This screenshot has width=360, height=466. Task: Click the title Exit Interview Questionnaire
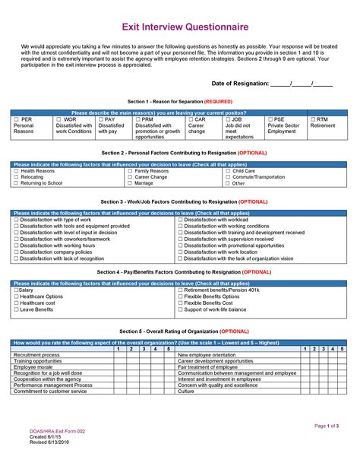pos(180,27)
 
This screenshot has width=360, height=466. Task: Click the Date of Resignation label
pos(240,84)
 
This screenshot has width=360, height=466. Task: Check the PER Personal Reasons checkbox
pos(17,119)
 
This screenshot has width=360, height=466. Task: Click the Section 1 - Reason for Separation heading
pos(179,101)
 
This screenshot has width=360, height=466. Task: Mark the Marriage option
pos(130,183)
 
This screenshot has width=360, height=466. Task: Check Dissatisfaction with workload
pos(180,220)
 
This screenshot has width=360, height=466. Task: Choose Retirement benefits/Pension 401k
pos(180,290)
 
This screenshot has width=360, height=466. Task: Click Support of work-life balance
pos(180,309)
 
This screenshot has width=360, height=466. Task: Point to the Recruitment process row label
pos(36,355)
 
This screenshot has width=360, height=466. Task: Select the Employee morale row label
pos(33,367)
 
